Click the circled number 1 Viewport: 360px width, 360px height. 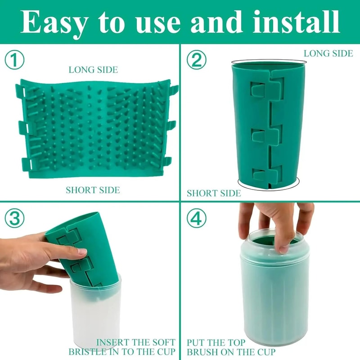point(15,60)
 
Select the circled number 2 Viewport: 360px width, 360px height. point(196,60)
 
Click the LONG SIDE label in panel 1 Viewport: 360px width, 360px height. point(93,70)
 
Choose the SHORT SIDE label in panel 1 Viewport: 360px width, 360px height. point(93,190)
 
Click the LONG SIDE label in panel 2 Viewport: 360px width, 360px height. point(328,54)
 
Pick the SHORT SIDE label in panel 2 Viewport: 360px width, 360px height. point(214,193)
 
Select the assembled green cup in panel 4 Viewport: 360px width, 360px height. point(274,297)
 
